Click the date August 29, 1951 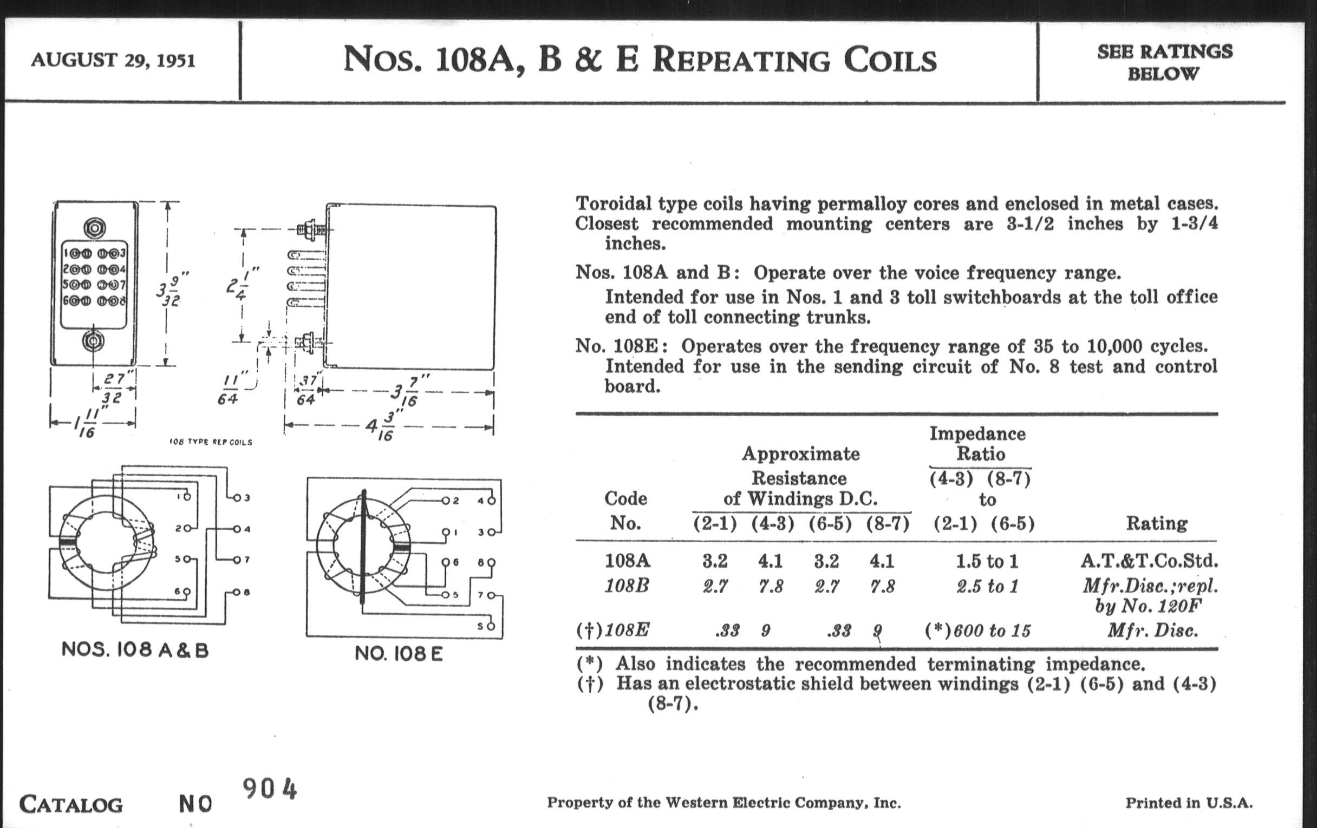pos(113,60)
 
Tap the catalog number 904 pos(270,788)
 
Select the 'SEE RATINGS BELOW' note pos(1164,62)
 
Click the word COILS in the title pos(890,60)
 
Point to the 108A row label pos(627,561)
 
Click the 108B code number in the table pos(627,586)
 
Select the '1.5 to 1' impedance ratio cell pos(987,561)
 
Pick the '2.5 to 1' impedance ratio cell pos(987,587)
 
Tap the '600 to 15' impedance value pos(992,630)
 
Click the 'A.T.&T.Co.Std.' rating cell pos(1149,561)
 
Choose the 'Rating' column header pos(1157,523)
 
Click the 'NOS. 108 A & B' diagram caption pos(135,650)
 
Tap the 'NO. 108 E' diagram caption pos(398,653)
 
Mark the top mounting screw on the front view pos(94,227)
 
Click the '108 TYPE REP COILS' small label pos(211,442)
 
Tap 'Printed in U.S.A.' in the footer pos(1189,803)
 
